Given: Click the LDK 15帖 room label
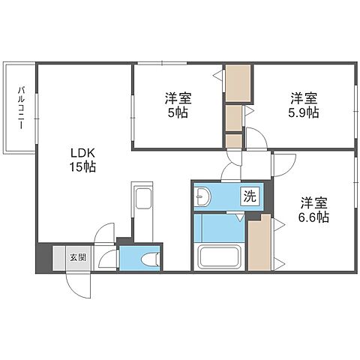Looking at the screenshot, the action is coord(82,160).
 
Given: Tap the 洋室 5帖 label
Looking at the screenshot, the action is coord(178,105).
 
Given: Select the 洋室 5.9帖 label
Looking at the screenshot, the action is coord(304,105).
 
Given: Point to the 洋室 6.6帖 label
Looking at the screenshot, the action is coord(313,210).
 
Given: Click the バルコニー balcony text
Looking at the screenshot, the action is coord(22,108).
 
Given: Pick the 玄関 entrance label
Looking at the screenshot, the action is coord(78,257).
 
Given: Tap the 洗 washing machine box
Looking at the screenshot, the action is coord(250,196).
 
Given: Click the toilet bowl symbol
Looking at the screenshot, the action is coord(150,259).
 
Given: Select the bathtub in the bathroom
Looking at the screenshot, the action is coord(219,257).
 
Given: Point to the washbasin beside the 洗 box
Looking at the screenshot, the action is coord(203,196).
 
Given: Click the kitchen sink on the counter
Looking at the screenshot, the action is coord(142,198).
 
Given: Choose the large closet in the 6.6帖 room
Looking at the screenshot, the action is coord(259,242).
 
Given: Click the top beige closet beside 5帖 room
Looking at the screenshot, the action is coord(238,83).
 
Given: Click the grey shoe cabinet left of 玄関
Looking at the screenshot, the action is coord(59,258).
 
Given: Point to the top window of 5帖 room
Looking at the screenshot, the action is coord(162,63).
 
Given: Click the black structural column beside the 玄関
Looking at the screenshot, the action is coord(44,257).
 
